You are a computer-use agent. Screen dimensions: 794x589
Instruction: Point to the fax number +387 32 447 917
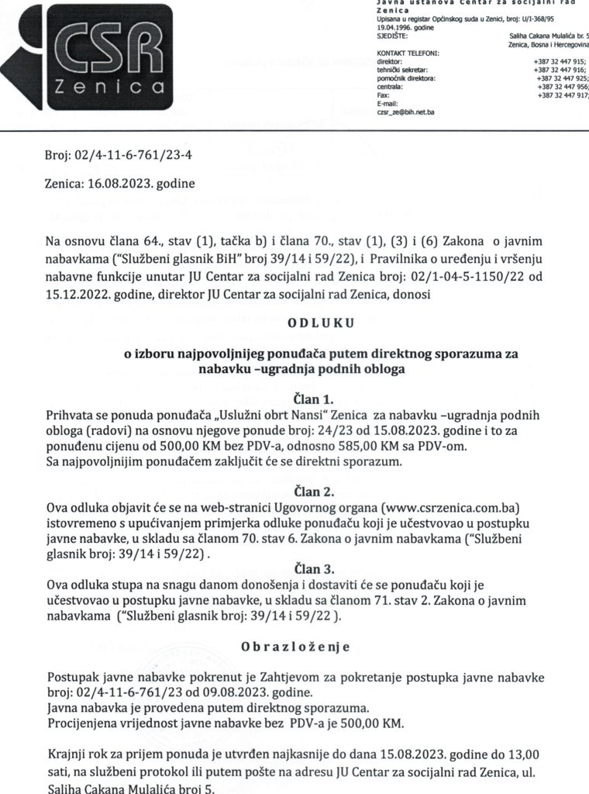point(560,95)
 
